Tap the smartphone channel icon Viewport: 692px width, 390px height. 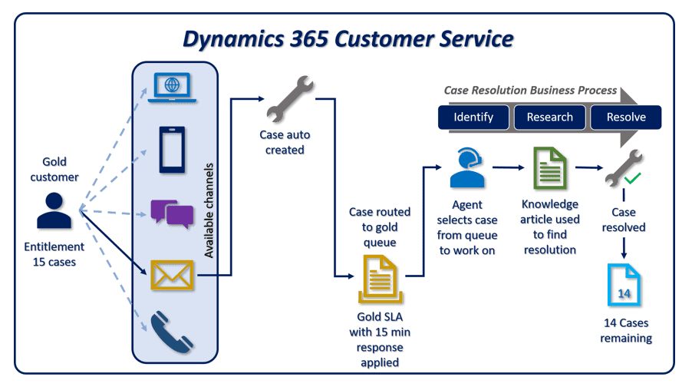point(173,150)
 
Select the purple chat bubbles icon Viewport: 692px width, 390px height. point(172,213)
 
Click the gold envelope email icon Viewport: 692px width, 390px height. point(172,275)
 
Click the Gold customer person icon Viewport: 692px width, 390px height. point(54,210)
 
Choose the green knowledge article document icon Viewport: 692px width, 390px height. point(550,167)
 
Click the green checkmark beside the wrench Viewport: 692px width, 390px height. point(632,179)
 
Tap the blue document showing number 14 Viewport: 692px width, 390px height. point(624,285)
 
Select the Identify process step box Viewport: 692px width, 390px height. point(474,117)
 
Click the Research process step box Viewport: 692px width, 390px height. point(549,117)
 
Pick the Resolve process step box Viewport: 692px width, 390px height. point(625,117)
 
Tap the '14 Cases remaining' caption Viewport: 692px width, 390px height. point(626,330)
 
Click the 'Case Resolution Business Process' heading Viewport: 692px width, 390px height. point(530,91)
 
